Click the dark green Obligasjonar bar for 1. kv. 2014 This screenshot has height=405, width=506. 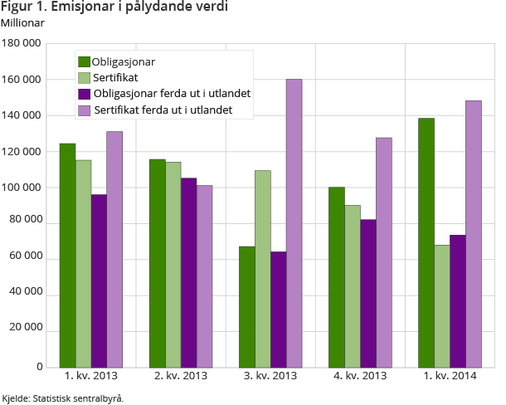(426, 242)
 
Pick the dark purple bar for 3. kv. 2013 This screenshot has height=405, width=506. (278, 309)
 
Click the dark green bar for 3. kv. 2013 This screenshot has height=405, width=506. (246, 306)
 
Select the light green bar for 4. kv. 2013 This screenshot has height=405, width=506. (352, 285)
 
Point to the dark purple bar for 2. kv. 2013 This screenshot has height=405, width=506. (188, 272)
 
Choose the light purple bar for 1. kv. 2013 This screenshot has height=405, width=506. (114, 249)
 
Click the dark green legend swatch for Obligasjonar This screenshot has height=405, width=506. (84, 61)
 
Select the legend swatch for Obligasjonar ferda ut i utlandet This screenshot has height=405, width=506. (84, 93)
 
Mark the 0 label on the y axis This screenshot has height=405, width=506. (38, 367)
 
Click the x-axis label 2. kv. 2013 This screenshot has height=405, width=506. (182, 378)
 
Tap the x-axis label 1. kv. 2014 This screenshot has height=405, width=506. (450, 378)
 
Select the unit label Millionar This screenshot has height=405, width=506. (22, 22)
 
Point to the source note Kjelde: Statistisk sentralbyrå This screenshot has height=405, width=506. (63, 398)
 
